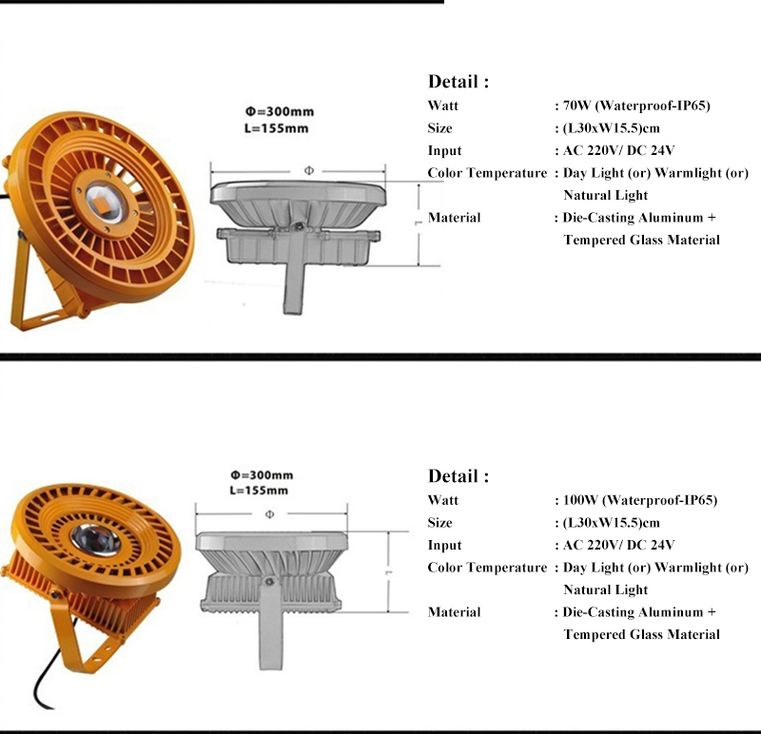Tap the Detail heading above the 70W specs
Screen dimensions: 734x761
459,82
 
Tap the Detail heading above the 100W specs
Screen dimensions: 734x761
459,476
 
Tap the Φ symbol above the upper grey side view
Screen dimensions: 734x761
308,169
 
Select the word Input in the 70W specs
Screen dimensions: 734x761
444,151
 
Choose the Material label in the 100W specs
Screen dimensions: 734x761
454,612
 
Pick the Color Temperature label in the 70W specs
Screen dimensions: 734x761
487,173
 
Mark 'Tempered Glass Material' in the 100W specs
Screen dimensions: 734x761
641,634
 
